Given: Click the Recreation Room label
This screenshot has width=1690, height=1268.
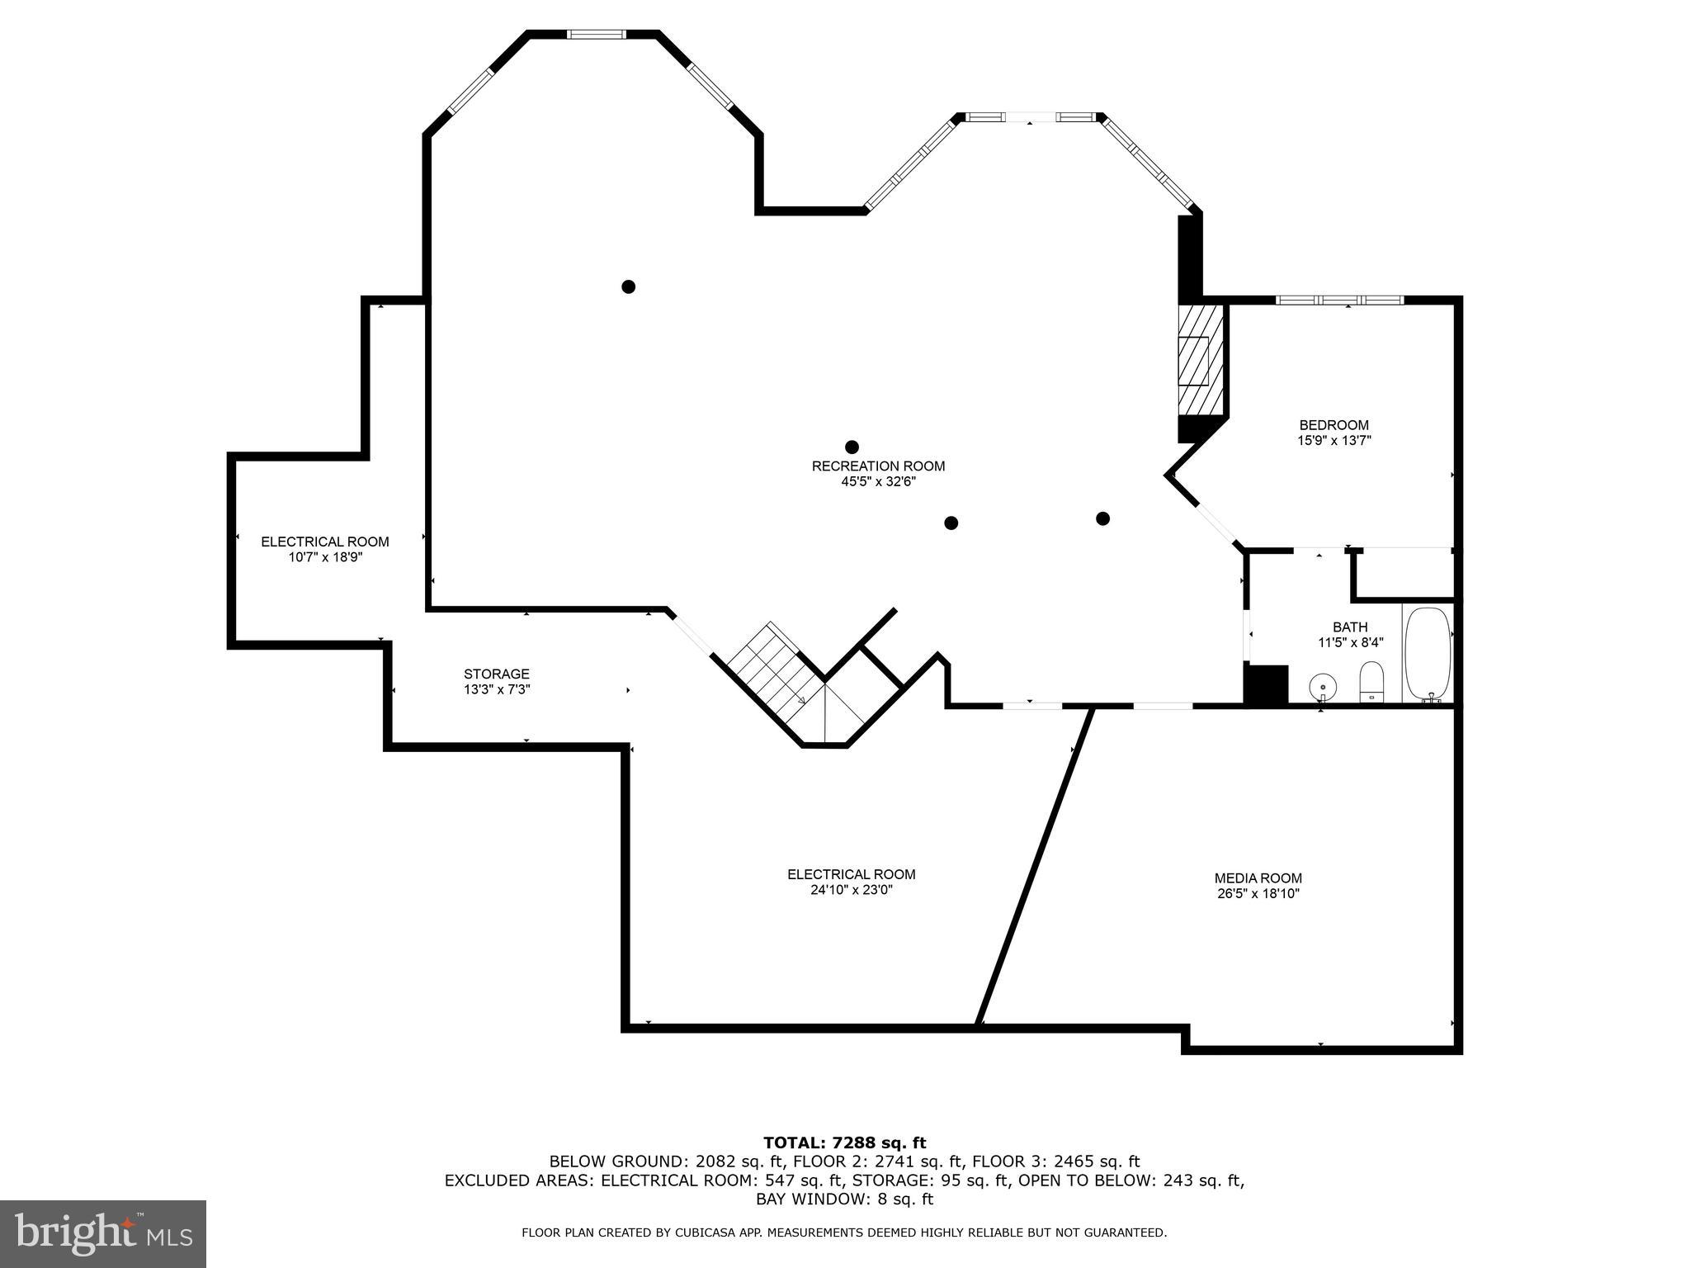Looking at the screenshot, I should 878,466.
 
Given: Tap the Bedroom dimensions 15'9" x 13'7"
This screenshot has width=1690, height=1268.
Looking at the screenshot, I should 1334,441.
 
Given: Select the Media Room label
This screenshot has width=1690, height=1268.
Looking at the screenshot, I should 1258,878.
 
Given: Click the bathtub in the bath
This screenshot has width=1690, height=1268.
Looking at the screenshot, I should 1428,654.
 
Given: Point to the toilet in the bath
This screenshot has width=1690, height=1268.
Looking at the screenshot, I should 1371,680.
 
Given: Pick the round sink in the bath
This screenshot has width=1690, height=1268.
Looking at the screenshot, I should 1323,685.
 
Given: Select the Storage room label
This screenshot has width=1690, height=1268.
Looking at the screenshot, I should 496,674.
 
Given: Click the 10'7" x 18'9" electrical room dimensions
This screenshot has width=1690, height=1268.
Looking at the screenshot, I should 325,557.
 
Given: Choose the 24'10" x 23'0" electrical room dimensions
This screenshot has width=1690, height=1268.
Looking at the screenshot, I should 851,890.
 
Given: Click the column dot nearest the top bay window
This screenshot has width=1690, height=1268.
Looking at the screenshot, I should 628,286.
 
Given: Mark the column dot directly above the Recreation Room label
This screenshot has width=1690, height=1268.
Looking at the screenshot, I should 852,447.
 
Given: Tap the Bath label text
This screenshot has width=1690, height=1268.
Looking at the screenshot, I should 1350,627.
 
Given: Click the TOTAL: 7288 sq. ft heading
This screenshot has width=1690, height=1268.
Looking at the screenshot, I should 844,1143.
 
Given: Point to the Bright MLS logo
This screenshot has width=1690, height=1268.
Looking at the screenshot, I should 103,1233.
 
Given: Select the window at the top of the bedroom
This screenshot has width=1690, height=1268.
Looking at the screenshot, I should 1339,300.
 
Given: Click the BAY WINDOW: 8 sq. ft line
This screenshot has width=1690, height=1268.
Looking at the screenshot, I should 844,1199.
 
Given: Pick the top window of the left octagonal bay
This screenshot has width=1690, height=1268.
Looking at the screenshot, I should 596,34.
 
